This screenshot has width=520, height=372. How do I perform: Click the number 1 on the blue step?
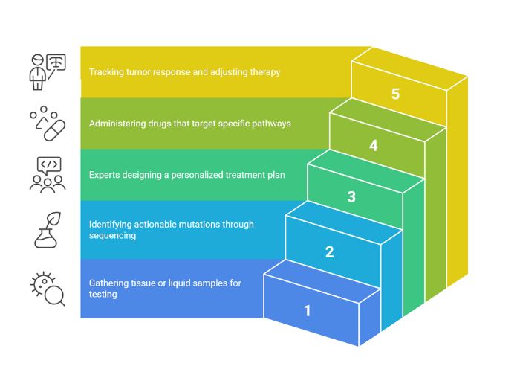click(x=307, y=310)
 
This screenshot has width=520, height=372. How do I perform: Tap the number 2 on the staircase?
click(x=329, y=251)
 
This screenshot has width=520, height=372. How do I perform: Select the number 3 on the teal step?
click(x=351, y=197)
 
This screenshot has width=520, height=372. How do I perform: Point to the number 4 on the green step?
click(x=374, y=146)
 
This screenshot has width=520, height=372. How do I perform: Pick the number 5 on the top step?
click(x=396, y=94)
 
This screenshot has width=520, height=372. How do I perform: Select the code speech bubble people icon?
click(x=47, y=175)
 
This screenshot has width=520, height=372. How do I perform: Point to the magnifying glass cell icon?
click(x=48, y=289)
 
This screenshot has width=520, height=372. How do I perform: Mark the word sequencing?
click(x=111, y=235)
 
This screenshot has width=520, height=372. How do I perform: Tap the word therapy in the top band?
click(x=264, y=72)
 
